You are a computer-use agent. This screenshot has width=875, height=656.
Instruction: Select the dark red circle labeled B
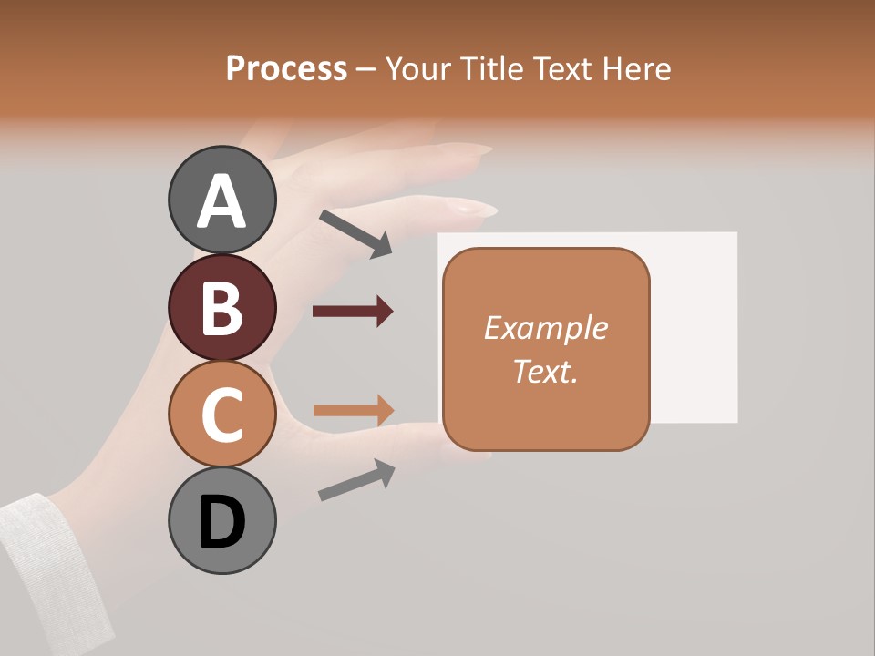tap(221, 307)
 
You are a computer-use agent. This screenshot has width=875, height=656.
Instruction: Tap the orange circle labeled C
tap(221, 414)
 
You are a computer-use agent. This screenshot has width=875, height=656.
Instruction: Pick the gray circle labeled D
tap(221, 521)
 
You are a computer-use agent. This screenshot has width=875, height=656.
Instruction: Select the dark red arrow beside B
tap(352, 312)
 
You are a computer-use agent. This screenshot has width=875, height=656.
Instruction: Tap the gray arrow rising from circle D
tap(356, 480)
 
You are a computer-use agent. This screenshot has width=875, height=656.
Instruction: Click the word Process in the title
tap(286, 68)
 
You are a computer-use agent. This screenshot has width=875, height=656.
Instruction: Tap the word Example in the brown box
tap(545, 328)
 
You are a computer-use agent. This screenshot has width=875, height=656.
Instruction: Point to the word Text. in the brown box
tap(545, 371)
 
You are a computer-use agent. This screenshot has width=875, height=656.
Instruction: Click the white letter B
tap(221, 308)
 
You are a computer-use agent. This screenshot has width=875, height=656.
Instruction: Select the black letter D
tap(221, 523)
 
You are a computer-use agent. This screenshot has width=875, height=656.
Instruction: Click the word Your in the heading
tap(416, 68)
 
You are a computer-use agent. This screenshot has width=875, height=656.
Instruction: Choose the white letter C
tap(221, 415)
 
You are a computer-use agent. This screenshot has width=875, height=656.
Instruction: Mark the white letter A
tap(221, 201)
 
